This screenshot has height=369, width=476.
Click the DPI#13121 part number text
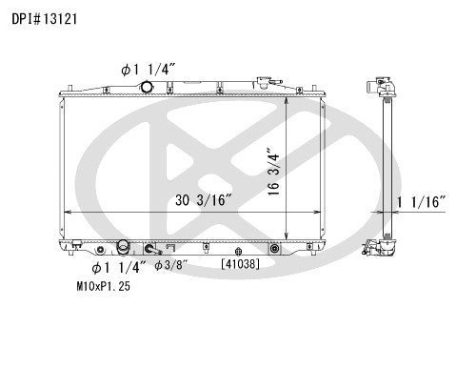45,19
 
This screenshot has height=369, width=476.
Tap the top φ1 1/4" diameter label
149,70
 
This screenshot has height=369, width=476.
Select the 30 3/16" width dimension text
205,200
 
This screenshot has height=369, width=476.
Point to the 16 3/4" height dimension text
273,171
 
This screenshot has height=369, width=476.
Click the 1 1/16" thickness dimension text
422,202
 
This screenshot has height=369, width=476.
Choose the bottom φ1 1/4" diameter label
119,268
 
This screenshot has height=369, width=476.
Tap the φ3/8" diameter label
171,265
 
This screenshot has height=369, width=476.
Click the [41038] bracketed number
241,264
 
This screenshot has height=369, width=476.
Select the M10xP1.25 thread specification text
104,286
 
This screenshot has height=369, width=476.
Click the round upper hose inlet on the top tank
147,87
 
